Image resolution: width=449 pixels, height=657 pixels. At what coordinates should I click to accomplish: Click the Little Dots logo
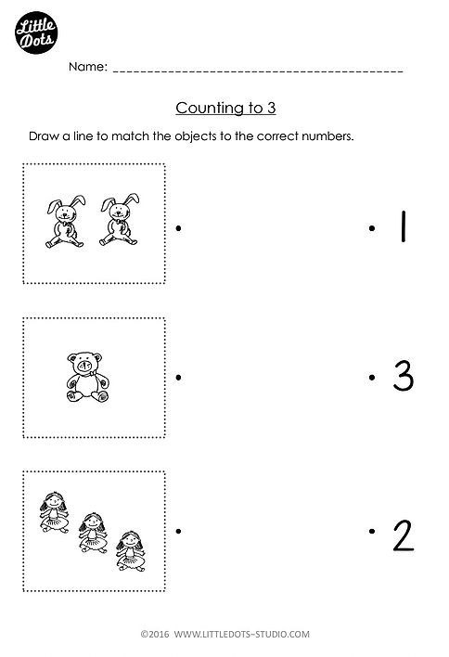coord(36,32)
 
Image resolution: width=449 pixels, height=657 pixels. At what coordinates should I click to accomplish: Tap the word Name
coord(88,67)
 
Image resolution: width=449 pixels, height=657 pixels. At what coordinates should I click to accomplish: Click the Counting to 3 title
coord(225,108)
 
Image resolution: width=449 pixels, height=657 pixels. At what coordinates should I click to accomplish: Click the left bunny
coord(65,221)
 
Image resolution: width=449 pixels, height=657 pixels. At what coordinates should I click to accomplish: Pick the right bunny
coord(120,220)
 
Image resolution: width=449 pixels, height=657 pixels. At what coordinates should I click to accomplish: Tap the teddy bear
coord(87,377)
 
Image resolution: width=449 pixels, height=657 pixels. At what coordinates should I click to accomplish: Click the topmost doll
coord(54,512)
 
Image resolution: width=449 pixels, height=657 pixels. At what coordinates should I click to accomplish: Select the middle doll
coord(93,533)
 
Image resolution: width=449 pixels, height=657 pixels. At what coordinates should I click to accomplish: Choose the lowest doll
coord(131,551)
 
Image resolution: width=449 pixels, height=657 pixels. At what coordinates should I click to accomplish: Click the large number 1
coord(403,226)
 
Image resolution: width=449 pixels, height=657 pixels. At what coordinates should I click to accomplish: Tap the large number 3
coord(404,376)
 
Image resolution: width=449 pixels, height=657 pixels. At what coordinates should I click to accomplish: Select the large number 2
coord(404,535)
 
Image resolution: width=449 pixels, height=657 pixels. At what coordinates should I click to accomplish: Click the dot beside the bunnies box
coord(178,228)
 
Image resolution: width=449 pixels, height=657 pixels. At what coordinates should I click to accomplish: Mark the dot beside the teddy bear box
coord(178,378)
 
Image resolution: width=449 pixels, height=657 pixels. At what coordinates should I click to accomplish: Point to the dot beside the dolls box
coord(178,532)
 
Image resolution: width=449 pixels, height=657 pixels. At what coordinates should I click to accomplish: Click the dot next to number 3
coord(371,378)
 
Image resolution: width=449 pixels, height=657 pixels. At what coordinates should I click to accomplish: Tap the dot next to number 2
coord(371,532)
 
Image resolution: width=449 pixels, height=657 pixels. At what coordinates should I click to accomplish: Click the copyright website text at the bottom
coord(224,634)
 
